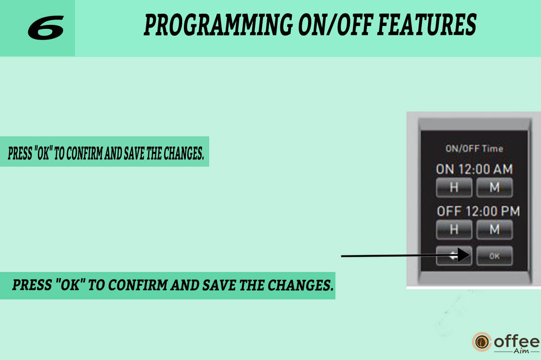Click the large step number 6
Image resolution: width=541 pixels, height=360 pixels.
click(x=46, y=27)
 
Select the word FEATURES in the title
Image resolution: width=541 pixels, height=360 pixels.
click(x=427, y=25)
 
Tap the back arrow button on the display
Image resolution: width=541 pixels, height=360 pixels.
click(x=454, y=256)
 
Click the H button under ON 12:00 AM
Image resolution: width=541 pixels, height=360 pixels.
click(x=454, y=187)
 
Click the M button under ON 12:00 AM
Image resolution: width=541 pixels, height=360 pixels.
click(x=494, y=187)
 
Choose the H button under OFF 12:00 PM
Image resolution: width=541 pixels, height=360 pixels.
click(x=454, y=229)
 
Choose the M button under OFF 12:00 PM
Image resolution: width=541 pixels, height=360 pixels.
click(x=494, y=229)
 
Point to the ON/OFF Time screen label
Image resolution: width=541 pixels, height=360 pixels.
click(x=474, y=149)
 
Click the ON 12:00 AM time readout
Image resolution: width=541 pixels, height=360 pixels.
click(x=474, y=169)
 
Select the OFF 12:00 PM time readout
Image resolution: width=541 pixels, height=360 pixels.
click(x=478, y=211)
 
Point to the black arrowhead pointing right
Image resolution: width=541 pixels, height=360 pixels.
click(x=463, y=255)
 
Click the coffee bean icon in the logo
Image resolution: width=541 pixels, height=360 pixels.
click(x=482, y=342)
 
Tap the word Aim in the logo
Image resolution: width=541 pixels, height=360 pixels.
click(x=521, y=351)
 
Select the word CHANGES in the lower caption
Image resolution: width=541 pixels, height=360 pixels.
click(x=301, y=285)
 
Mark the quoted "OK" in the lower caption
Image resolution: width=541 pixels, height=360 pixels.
click(x=70, y=285)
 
